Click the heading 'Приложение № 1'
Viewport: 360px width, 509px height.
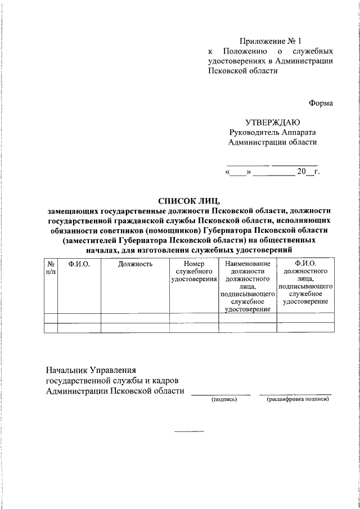(271, 41)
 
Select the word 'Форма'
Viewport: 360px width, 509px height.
(321, 103)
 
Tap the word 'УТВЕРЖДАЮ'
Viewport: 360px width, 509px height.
(272, 122)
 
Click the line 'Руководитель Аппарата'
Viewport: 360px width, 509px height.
(272, 132)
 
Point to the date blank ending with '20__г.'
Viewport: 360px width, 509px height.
(272, 172)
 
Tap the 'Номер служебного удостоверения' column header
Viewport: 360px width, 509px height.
(194, 271)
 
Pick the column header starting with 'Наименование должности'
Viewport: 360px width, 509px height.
(247, 286)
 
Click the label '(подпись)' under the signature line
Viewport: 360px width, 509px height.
(224, 399)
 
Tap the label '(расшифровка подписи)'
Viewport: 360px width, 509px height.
(298, 399)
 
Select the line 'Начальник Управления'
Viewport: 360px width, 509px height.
(91, 370)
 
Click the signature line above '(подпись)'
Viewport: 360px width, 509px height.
(221, 395)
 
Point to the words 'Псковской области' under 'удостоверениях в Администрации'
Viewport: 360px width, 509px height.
(243, 71)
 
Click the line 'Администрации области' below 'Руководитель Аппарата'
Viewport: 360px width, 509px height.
(272, 142)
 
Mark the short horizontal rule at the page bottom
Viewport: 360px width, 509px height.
(188, 431)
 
